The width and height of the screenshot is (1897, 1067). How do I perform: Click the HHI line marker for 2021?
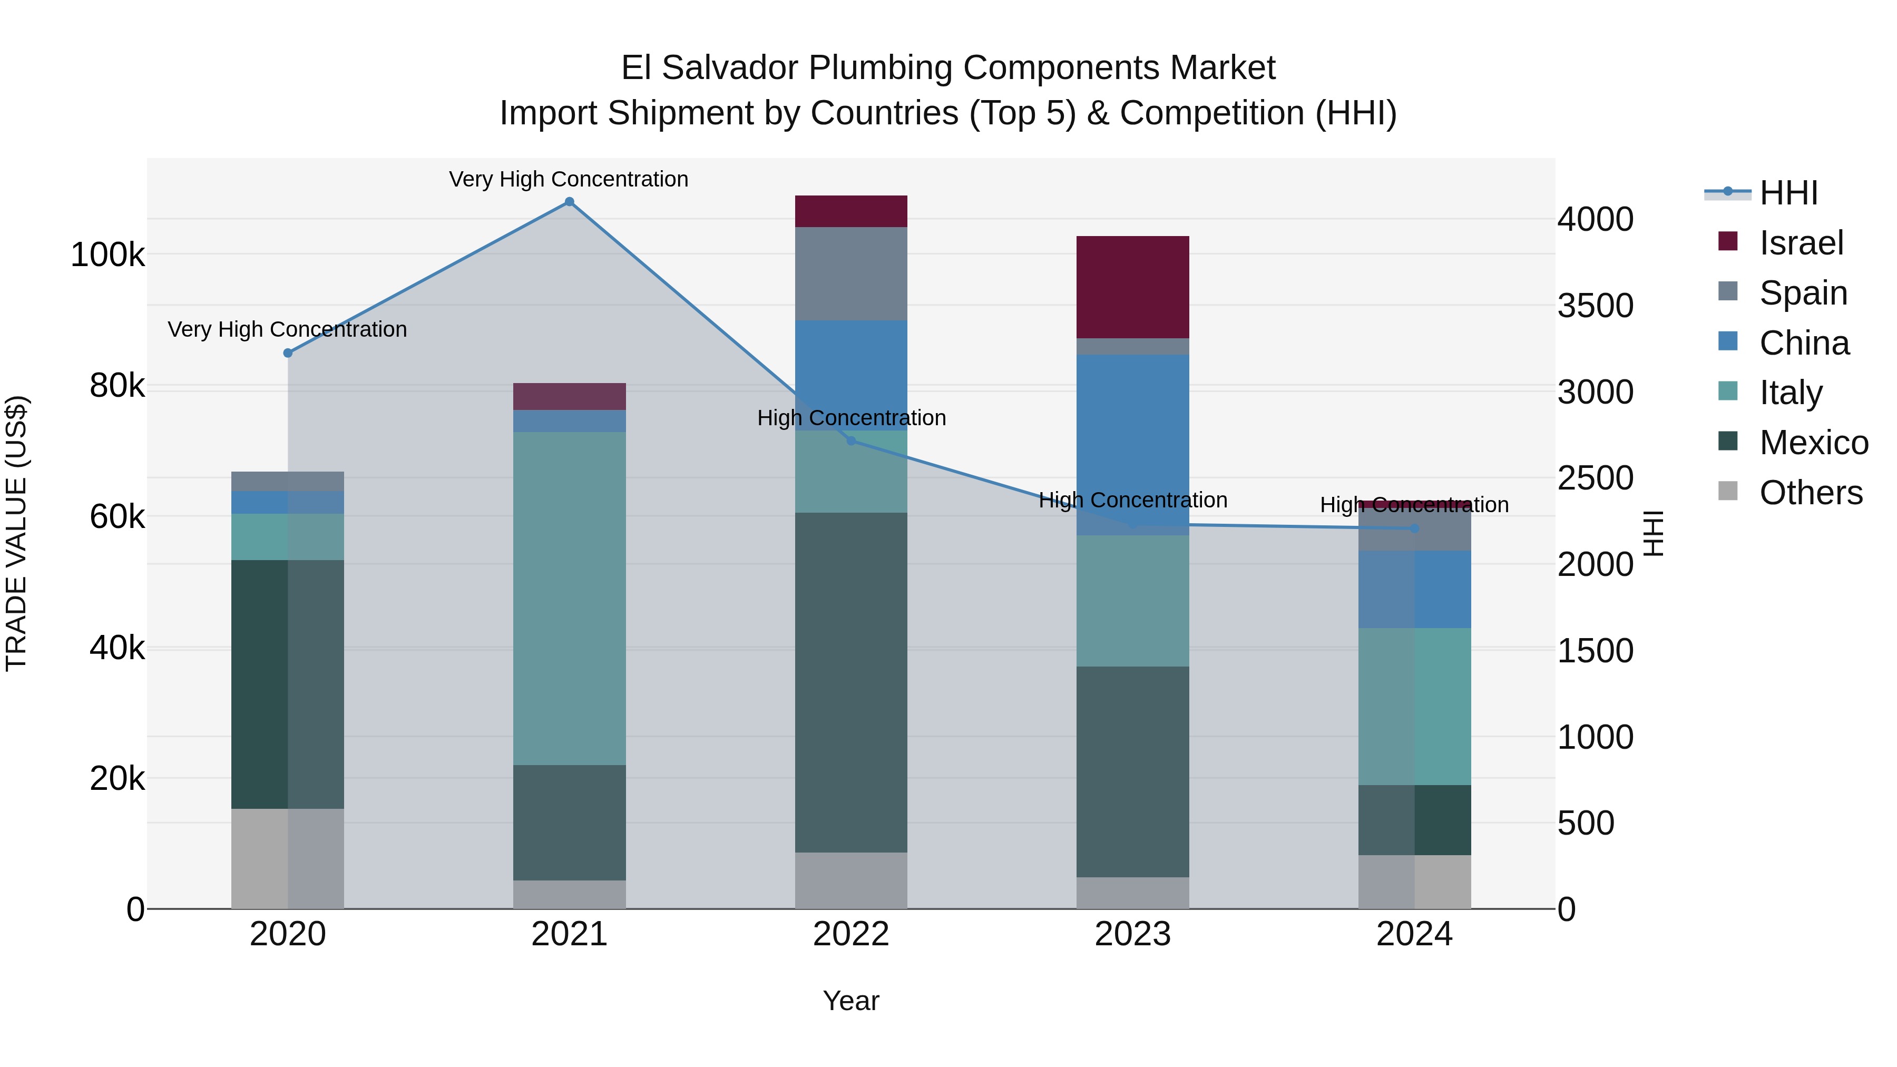pyautogui.click(x=569, y=202)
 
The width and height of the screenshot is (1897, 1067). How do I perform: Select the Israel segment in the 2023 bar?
pyautogui.click(x=1132, y=287)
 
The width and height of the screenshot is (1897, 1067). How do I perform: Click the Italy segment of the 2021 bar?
pyautogui.click(x=569, y=598)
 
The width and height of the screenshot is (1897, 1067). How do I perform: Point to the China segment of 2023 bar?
pyautogui.click(x=1132, y=445)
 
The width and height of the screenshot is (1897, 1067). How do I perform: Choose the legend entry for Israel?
pyautogui.click(x=1801, y=243)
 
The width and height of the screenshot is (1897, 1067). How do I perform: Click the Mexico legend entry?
pyautogui.click(x=1813, y=443)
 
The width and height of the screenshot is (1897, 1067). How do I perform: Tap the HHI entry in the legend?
pyautogui.click(x=1788, y=193)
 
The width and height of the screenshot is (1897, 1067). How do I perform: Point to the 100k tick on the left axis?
pyautogui.click(x=107, y=256)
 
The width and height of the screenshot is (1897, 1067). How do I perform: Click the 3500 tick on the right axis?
pyautogui.click(x=1595, y=306)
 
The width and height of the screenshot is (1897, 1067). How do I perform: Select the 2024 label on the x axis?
pyautogui.click(x=1414, y=934)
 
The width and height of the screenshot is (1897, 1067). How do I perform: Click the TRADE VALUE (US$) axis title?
pyautogui.click(x=16, y=533)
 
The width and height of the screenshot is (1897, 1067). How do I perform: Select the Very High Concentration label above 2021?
pyautogui.click(x=569, y=180)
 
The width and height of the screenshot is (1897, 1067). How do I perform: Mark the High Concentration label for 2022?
pyautogui.click(x=852, y=418)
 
